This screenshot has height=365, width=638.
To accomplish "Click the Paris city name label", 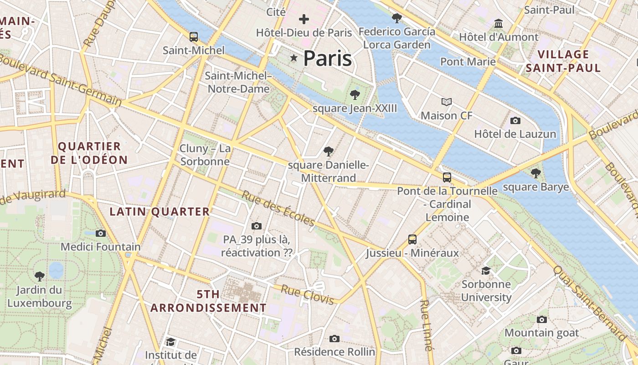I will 327,58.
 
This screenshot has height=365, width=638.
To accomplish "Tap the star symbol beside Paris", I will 294,58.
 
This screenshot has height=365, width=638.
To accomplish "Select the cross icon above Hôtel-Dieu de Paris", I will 304,19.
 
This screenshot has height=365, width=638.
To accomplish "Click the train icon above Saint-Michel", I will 194,37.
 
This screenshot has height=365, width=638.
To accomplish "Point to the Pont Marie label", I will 468,62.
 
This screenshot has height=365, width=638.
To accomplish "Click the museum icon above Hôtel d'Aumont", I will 499,23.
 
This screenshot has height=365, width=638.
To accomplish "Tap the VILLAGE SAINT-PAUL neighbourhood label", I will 563,61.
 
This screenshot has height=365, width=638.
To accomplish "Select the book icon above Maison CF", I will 447,102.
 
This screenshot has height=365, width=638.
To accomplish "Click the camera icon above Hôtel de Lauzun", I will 515,120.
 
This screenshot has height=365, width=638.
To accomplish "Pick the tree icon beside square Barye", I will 536,173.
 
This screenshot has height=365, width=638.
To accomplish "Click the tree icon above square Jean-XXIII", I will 355,95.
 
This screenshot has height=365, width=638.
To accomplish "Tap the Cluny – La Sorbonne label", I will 205,155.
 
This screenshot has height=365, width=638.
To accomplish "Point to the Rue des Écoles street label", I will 278,209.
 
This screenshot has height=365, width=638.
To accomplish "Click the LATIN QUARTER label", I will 159,212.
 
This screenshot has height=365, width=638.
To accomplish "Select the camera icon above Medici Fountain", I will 101,233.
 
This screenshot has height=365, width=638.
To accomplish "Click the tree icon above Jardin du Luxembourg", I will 40,276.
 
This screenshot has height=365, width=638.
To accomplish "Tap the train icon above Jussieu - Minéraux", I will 412,239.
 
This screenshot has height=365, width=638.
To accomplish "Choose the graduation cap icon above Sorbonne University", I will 486,271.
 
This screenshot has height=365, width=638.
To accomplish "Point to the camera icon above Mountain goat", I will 541,319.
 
